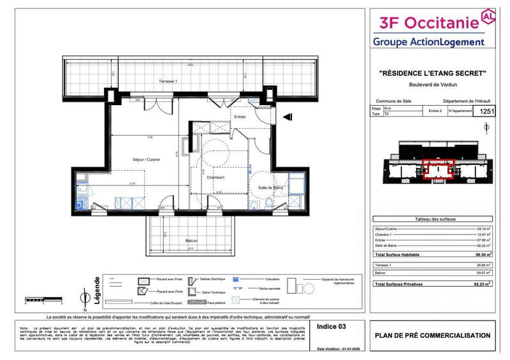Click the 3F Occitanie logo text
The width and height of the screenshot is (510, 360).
[428, 23]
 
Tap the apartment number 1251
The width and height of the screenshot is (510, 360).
[487, 112]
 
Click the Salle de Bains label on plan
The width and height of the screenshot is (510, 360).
[270, 187]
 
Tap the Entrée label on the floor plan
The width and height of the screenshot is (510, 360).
[240, 117]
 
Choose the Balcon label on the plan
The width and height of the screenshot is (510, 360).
[191, 240]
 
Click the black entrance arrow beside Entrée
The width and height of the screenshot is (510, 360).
[287, 116]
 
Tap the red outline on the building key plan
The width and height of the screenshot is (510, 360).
[439, 167]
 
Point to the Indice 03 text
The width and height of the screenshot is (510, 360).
[331, 326]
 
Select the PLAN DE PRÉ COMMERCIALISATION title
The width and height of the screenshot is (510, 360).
[433, 335]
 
